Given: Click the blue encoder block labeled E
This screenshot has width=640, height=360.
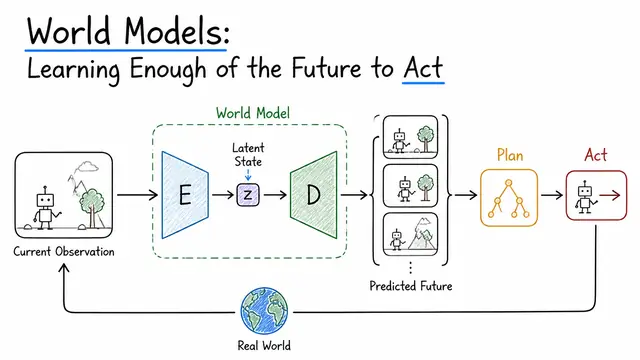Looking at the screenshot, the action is point(185,195).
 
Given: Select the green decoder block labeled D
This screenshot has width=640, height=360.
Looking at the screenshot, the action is point(313,195).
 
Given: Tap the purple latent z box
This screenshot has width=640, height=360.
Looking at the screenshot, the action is point(248,195).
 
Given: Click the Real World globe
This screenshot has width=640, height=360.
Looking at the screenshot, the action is point(264,311).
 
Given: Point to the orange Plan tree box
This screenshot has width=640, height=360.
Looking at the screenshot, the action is point(509,198).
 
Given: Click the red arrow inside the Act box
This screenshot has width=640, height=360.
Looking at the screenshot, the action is point(610,196).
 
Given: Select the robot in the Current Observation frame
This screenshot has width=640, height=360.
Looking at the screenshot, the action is point(46,207).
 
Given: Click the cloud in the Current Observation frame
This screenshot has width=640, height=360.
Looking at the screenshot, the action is point(87,166).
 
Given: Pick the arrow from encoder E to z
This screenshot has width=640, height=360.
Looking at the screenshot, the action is point(223,195).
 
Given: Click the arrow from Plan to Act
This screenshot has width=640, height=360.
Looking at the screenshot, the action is point(552,195).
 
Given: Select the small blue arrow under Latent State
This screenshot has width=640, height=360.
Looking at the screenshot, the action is point(248,175).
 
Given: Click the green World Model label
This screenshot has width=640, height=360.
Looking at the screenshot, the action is point(253,113).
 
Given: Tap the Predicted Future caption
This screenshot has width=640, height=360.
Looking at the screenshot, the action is point(411,286).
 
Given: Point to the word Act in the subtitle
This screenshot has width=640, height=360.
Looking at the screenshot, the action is point(423,68).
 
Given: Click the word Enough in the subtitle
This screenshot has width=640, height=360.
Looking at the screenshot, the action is point(168,69).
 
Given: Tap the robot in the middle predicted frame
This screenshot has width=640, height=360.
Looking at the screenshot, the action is point(405,189).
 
